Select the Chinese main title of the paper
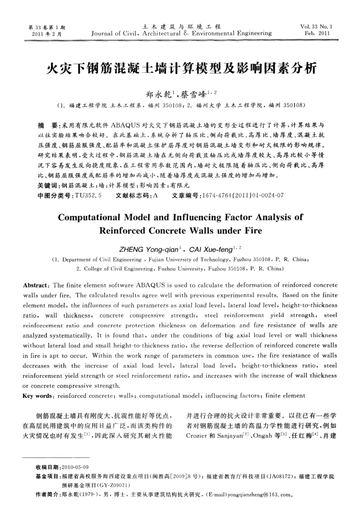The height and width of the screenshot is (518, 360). point(180,68)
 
